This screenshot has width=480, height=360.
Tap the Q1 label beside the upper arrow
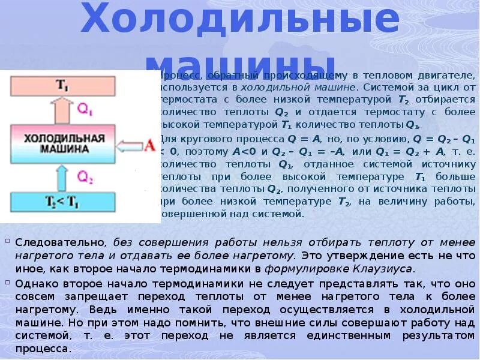click(86, 109)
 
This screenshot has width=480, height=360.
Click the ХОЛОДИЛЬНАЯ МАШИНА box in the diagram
click(64, 143)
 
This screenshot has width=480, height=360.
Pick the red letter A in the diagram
click(149, 144)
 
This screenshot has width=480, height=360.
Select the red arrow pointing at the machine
click(129, 145)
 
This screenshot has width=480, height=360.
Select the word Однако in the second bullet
click(36, 283)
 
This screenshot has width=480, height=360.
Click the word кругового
click(209, 139)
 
